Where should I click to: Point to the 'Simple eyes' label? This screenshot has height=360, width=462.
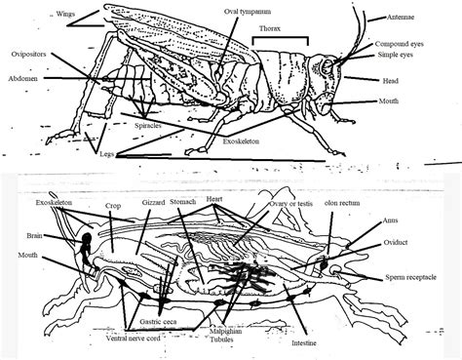click(x=400, y=57)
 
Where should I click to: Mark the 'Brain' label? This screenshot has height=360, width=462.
click(x=33, y=234)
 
